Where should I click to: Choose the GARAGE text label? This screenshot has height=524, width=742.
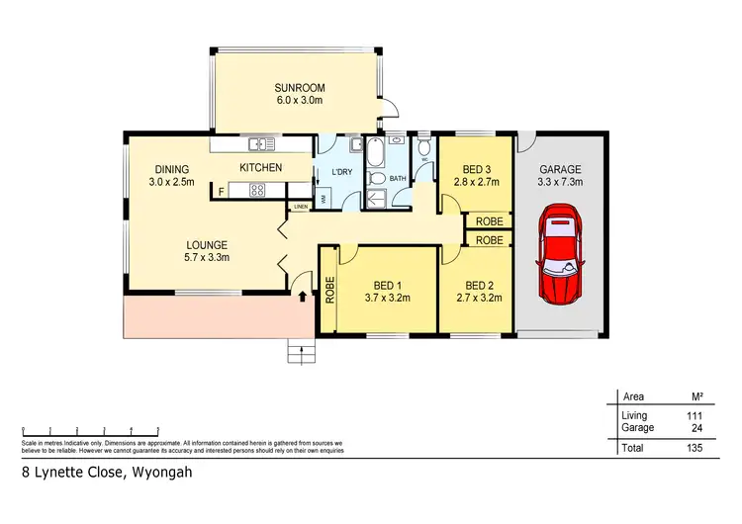point(560,169)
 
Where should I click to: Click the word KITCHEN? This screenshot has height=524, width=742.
point(261,167)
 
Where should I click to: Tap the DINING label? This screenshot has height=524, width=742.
point(172,168)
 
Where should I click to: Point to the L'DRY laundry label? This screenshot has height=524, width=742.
point(341,173)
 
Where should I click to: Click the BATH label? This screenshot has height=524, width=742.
point(398,179)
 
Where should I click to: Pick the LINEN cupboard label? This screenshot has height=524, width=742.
point(301,206)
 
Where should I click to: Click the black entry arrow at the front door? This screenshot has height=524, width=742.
point(301,295)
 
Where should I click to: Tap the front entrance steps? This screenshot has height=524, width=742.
point(299,350)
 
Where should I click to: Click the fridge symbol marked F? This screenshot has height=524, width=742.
point(222,189)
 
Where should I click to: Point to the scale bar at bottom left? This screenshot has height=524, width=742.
point(90,431)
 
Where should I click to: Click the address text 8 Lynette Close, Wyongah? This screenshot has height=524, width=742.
point(107,473)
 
